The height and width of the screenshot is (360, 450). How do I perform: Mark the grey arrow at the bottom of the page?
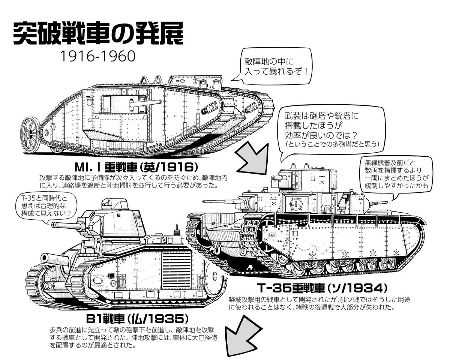tap(240, 340)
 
